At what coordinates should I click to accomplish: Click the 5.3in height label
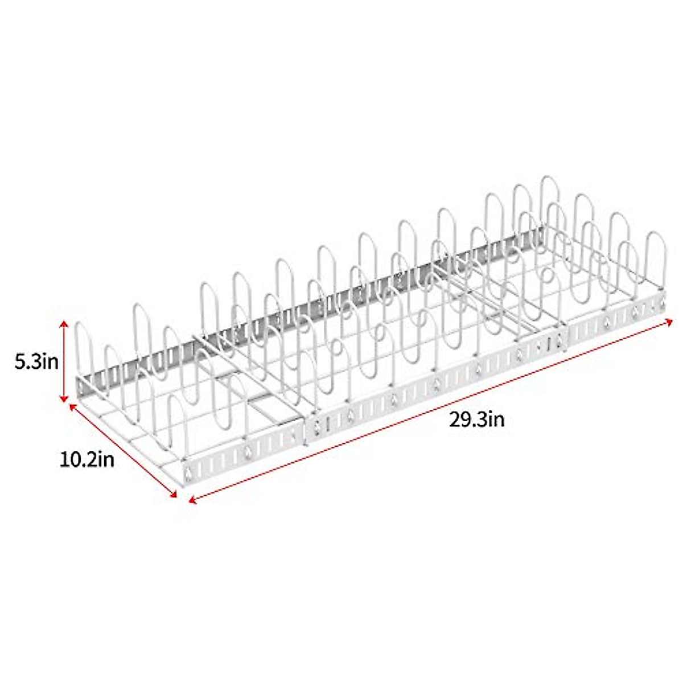[x=37, y=362]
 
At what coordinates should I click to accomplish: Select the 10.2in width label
[x=87, y=459]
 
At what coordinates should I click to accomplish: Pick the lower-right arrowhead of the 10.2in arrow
[x=174, y=496]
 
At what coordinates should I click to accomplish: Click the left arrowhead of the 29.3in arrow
[x=192, y=501]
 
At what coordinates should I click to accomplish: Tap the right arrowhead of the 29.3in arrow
[x=669, y=321]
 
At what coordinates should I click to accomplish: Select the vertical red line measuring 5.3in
[x=64, y=362]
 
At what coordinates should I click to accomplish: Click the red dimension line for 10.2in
[x=123, y=451]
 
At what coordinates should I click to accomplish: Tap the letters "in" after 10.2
[x=105, y=459]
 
